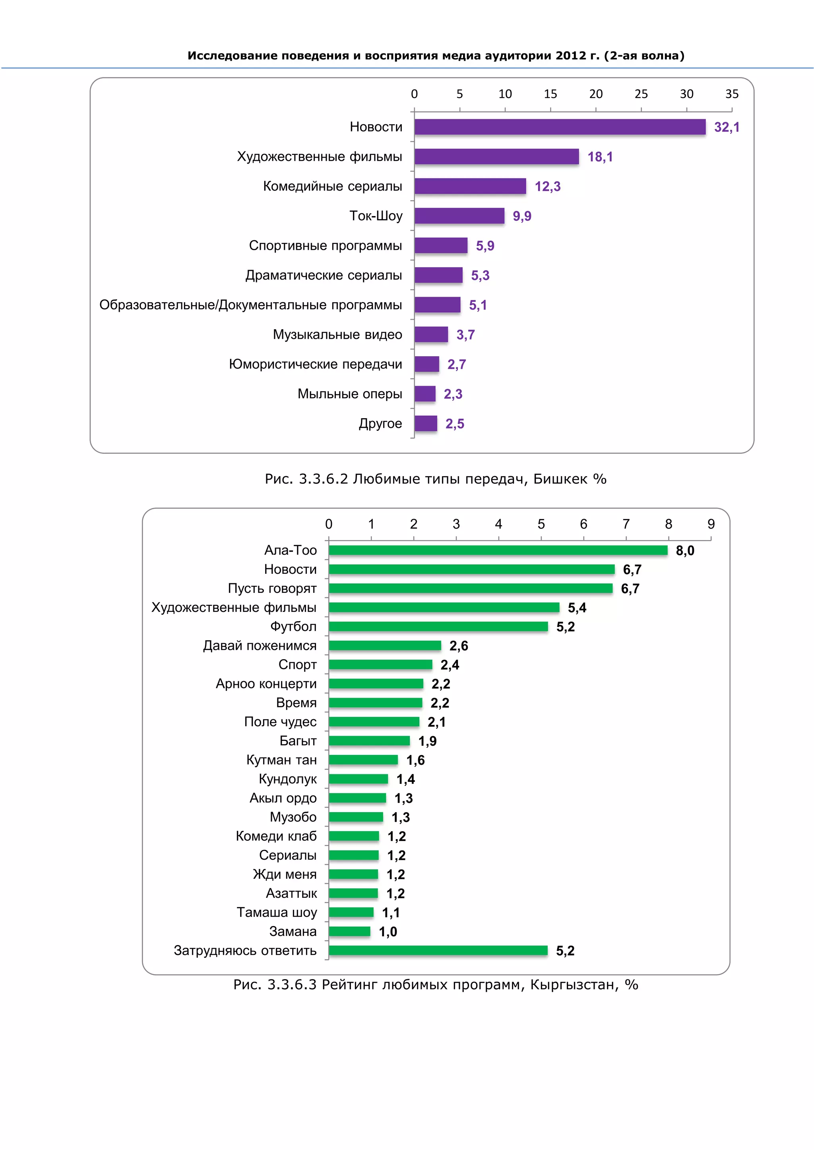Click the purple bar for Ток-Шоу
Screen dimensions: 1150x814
coord(459,216)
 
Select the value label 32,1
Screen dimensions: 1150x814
coord(726,127)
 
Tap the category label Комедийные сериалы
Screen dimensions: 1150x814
coord(332,186)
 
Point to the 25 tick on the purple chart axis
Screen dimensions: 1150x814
coord(641,94)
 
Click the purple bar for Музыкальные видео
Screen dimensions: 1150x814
coord(431,335)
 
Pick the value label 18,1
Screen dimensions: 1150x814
coord(600,157)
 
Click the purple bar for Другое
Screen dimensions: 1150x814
coord(426,424)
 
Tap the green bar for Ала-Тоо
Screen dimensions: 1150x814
coord(498,550)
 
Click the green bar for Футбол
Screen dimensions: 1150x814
coord(438,627)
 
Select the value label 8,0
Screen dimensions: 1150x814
coord(685,551)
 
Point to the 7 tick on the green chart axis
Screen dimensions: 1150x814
coord(626,525)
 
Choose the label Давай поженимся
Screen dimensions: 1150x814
coord(260,646)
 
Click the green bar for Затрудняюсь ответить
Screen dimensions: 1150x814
coord(438,951)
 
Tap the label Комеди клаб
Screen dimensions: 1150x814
coord(276,836)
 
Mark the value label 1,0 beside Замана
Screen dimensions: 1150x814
coord(388,932)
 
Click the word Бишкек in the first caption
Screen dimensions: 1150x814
coord(560,479)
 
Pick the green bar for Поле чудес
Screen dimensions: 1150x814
coord(374,722)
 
